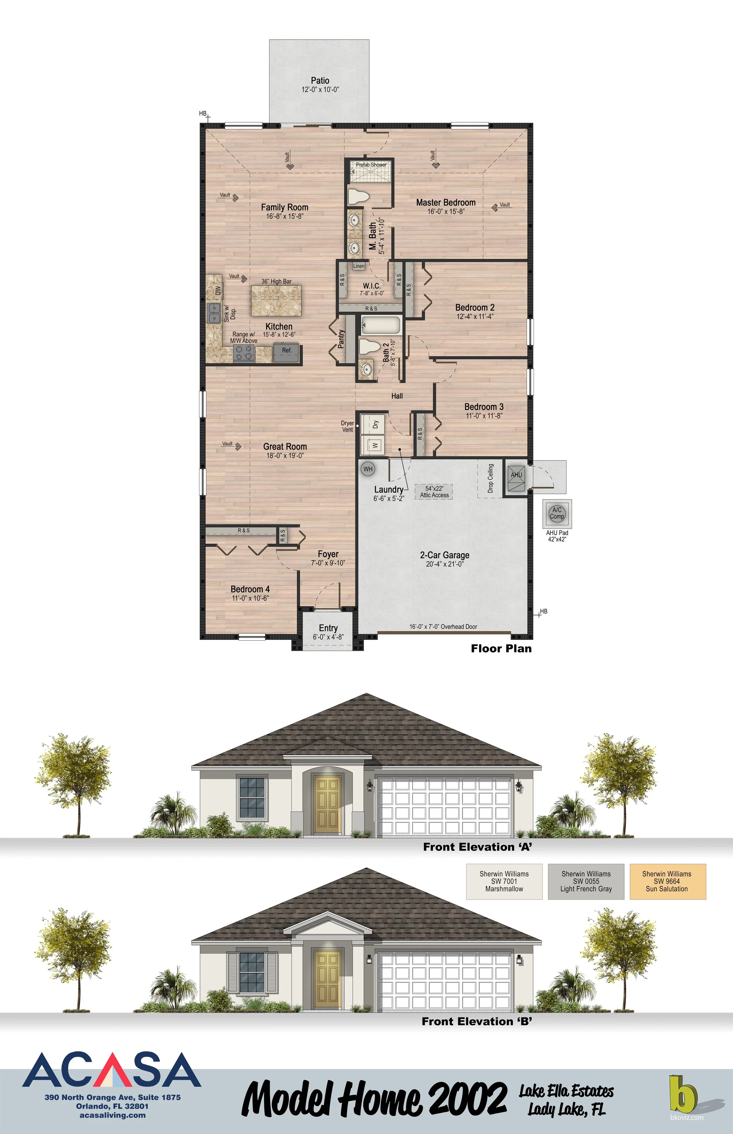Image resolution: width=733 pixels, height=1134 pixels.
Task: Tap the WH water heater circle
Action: point(368,469)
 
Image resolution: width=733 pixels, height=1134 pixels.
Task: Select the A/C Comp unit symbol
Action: point(557,513)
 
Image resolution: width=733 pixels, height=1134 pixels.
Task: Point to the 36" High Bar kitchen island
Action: point(276,301)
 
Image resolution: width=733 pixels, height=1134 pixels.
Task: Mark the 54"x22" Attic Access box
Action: point(434,492)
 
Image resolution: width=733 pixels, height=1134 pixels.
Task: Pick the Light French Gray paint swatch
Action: point(586,882)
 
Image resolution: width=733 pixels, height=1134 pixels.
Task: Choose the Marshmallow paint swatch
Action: point(504,882)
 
